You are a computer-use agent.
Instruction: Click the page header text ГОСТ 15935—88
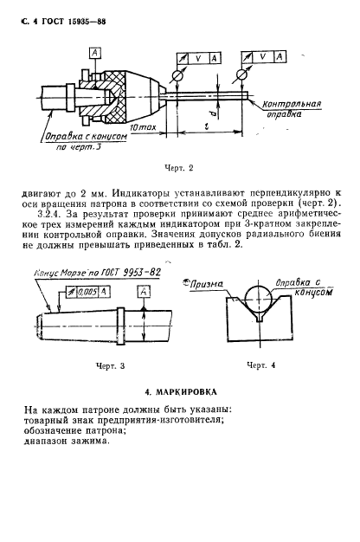click(74, 22)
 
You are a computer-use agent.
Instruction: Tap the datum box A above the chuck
click(95, 53)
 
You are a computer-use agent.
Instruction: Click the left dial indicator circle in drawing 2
click(178, 75)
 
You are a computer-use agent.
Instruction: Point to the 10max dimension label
click(143, 127)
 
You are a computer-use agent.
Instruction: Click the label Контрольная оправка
click(292, 108)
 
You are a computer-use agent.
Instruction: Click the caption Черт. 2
click(178, 168)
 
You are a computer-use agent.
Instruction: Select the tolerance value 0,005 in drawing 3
click(87, 293)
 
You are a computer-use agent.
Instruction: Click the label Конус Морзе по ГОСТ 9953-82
click(98, 273)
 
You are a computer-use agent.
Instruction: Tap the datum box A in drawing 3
click(144, 292)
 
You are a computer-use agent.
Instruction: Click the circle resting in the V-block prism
click(258, 298)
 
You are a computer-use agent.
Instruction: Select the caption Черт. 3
click(110, 366)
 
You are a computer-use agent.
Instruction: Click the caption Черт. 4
click(260, 365)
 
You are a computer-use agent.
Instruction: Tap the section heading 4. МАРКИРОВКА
click(181, 392)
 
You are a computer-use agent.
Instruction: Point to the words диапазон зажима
click(67, 442)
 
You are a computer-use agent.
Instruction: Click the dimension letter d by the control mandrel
click(214, 113)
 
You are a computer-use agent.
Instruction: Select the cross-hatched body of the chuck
click(113, 97)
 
